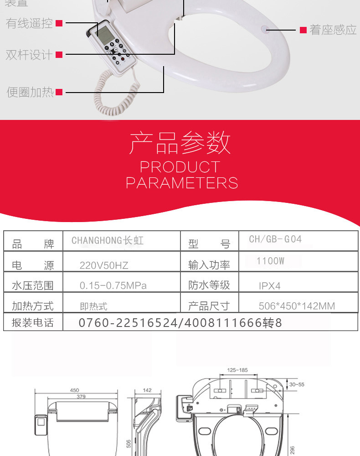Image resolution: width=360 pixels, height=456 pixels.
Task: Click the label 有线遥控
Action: (x=30, y=23)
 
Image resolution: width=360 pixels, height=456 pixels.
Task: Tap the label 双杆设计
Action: (x=30, y=55)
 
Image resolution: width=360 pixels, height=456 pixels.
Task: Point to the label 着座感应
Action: (x=333, y=30)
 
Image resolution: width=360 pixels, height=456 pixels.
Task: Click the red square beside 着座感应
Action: (x=303, y=30)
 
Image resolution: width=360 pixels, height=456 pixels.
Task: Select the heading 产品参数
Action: (x=180, y=143)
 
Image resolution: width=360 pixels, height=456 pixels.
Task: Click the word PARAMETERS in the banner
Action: (x=182, y=183)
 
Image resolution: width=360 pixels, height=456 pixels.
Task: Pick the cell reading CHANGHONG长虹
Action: (x=108, y=240)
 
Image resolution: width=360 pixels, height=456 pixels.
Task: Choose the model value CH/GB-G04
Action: (x=275, y=239)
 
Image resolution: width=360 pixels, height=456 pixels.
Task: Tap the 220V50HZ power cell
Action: (x=104, y=265)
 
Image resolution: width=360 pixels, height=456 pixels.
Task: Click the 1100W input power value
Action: (x=270, y=261)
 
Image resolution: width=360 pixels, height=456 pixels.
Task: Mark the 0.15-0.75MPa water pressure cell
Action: (x=113, y=286)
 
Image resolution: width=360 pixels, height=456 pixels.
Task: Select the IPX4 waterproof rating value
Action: (x=270, y=286)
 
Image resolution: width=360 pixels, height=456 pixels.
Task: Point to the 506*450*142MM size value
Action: (x=297, y=306)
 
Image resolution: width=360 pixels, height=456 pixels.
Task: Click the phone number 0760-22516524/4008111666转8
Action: (x=180, y=323)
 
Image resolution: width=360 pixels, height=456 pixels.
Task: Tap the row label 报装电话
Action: (x=33, y=323)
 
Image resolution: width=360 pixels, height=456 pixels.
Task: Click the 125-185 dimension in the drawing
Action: (x=237, y=370)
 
